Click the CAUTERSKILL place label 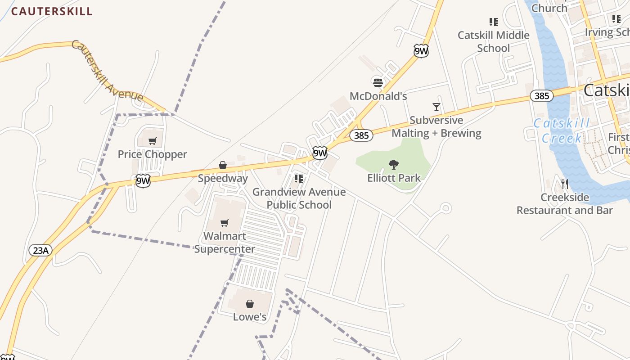click(x=52, y=12)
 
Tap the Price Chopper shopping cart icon click(x=153, y=141)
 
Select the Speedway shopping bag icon click(x=222, y=166)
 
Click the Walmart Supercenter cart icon click(x=225, y=223)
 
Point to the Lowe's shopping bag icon click(x=250, y=304)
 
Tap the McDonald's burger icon click(x=378, y=82)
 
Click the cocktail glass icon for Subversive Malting click(x=436, y=107)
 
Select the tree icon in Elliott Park click(x=394, y=165)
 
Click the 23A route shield click(x=40, y=250)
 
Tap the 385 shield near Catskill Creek click(x=542, y=95)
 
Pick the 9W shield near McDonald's click(x=421, y=51)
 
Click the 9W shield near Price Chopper click(x=143, y=181)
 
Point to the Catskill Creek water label click(x=562, y=130)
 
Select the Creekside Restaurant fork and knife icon click(x=565, y=184)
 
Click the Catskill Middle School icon click(x=493, y=22)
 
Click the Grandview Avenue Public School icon click(x=299, y=179)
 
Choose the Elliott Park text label click(x=394, y=178)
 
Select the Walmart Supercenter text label click(x=225, y=243)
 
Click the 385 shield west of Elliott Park click(x=361, y=135)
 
